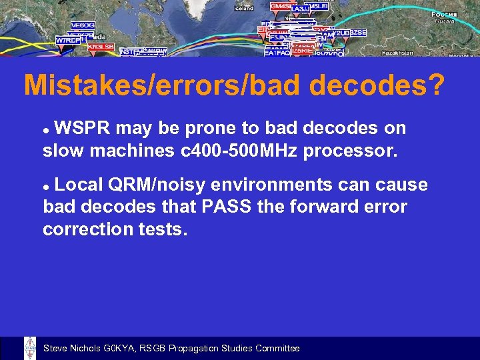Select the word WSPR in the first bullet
tap(83, 128)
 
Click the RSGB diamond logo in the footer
tap(29, 348)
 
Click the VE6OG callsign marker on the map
tap(82, 25)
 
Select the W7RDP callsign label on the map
tap(68, 40)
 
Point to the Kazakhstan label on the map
tap(399, 53)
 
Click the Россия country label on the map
tap(443, 14)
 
